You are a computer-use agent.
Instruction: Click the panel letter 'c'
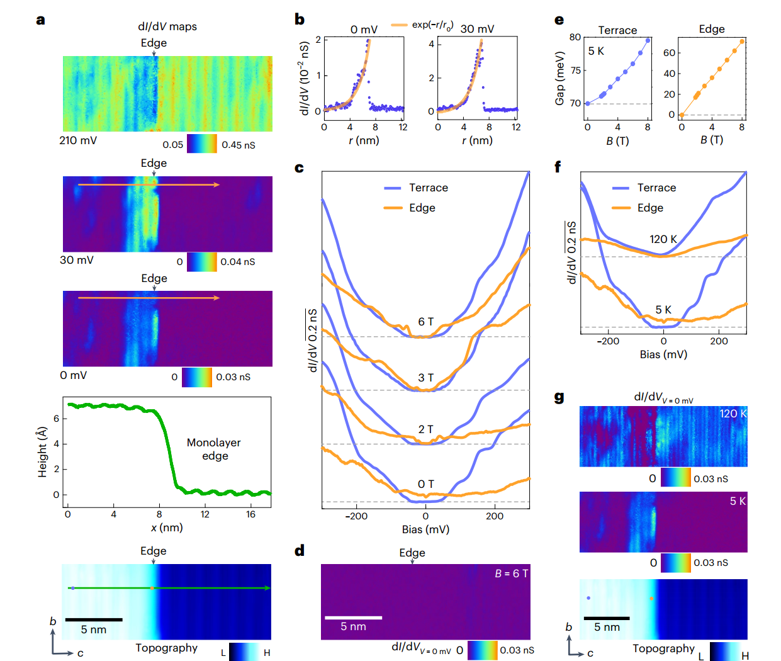pyautogui.click(x=299, y=167)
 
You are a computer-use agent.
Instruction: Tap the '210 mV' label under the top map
pyautogui.click(x=78, y=140)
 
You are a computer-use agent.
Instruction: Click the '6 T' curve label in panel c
pyautogui.click(x=426, y=322)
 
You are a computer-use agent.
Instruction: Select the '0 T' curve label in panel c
pyautogui.click(x=426, y=484)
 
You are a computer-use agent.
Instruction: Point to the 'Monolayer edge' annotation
pyautogui.click(x=214, y=449)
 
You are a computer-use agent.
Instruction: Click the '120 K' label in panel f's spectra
pyautogui.click(x=663, y=239)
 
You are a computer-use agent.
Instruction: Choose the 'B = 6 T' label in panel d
pyautogui.click(x=511, y=573)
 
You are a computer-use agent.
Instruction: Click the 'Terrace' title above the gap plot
pyautogui.click(x=617, y=30)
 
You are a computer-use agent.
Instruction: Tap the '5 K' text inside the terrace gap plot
pyautogui.click(x=596, y=51)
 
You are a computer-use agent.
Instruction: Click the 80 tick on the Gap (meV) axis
pyautogui.click(x=575, y=37)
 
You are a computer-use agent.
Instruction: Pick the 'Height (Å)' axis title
pyautogui.click(x=43, y=451)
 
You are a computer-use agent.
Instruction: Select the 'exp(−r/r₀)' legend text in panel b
pyautogui.click(x=432, y=25)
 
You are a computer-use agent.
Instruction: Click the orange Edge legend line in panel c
pyautogui.click(x=393, y=208)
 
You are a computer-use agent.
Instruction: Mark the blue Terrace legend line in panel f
pyautogui.click(x=621, y=188)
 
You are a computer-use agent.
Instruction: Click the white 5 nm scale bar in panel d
pyautogui.click(x=353, y=618)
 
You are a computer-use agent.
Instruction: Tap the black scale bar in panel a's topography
pyautogui.click(x=94, y=619)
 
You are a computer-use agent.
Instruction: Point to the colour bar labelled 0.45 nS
pyautogui.click(x=202, y=144)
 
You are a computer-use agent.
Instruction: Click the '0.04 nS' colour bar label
pyautogui.click(x=238, y=262)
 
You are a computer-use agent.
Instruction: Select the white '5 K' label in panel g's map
pyautogui.click(x=738, y=501)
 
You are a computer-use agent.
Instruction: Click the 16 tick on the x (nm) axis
pyautogui.click(x=250, y=514)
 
